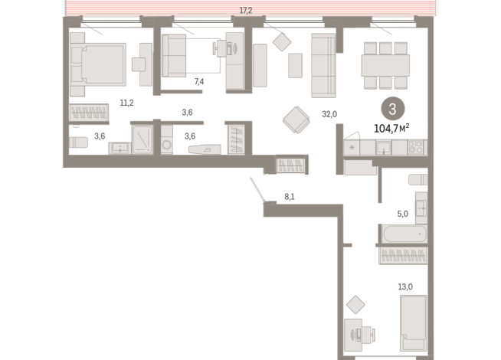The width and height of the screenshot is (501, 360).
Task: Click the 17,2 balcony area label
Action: [246, 11]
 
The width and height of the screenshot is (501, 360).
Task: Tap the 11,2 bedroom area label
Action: [126, 103]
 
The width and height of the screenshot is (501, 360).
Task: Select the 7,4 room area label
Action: [199, 82]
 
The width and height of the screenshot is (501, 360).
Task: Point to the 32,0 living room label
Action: [329, 114]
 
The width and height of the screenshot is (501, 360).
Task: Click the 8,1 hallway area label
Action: [290, 197]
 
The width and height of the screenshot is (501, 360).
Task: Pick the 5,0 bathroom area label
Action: [403, 214]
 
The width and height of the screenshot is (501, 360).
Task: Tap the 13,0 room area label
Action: [404, 286]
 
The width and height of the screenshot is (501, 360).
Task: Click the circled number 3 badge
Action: [393, 109]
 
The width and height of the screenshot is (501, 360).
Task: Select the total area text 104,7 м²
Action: [391, 129]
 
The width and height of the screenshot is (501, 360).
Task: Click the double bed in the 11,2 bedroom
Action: [98, 64]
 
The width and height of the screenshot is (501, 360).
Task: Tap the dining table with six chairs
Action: [385, 65]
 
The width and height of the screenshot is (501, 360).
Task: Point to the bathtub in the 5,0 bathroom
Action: [404, 234]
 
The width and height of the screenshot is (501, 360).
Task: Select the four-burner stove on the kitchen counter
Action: [415, 148]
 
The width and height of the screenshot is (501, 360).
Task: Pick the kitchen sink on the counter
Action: [383, 148]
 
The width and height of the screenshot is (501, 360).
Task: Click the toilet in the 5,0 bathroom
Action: [418, 179]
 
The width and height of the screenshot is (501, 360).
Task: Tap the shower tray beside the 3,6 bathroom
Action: [142, 139]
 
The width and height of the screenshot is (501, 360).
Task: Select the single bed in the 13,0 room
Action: [414, 323]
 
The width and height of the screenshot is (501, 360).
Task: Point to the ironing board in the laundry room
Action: [205, 149]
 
